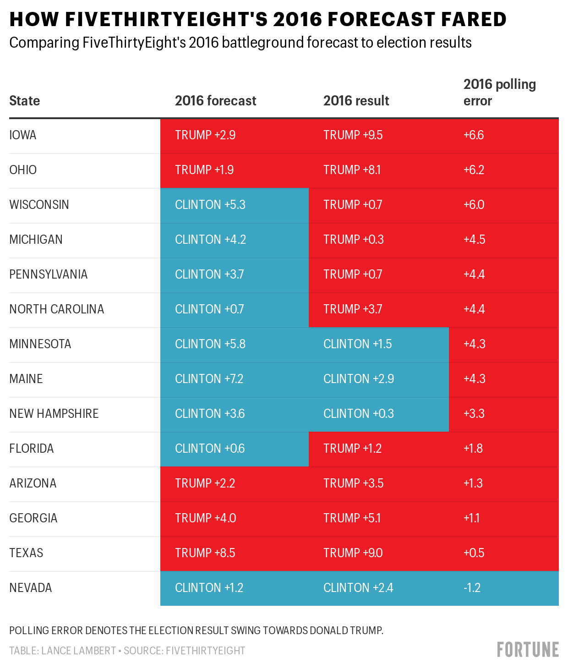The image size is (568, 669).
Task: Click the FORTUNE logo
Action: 528,649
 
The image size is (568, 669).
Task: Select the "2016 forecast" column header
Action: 216,101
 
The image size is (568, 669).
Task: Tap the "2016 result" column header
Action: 356,101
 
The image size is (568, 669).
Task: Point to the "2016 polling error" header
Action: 500,93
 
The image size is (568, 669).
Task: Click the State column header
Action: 25,101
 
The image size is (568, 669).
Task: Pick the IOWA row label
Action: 22,135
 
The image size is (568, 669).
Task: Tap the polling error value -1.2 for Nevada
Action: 472,587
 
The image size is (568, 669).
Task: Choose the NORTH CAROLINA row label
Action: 57,309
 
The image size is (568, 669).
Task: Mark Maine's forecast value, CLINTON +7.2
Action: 209,378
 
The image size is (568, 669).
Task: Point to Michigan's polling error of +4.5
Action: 475,240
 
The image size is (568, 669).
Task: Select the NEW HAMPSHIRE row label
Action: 54,414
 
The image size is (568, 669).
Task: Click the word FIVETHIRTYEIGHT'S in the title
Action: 166,19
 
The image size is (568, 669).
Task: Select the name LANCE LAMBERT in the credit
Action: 79,651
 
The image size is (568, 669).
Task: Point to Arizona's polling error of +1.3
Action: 473,483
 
